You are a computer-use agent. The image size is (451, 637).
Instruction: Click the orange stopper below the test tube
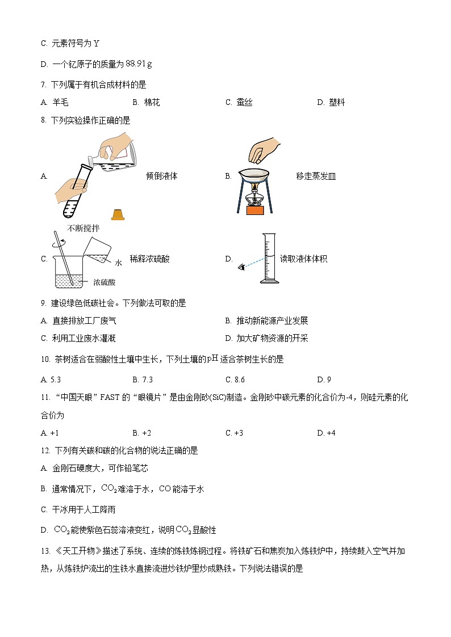click(118, 214)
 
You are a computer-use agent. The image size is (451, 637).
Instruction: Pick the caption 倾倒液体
click(161, 176)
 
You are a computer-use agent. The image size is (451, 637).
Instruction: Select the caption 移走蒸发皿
click(316, 176)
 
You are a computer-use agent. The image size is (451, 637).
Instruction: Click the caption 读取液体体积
click(304, 259)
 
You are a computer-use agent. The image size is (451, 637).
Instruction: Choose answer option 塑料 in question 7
click(336, 103)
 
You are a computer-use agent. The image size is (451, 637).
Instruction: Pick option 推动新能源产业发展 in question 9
click(272, 321)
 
